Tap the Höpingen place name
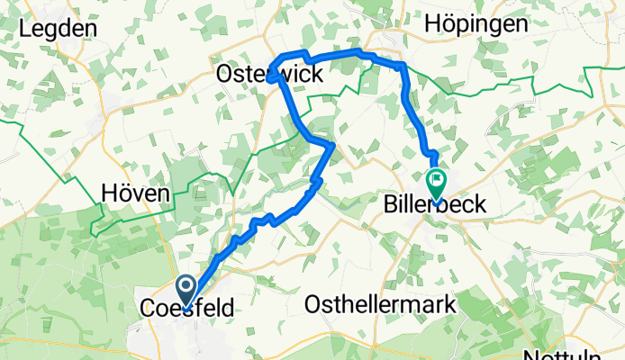click(x=478, y=24)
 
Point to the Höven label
click(x=135, y=193)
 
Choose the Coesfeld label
click(x=186, y=309)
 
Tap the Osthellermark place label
click(x=381, y=305)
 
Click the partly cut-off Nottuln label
click(x=591, y=353)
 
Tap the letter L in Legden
click(x=23, y=28)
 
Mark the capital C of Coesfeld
click(x=148, y=309)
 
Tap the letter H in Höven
click(x=108, y=193)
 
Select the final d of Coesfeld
click(x=227, y=309)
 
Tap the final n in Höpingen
click(x=521, y=24)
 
